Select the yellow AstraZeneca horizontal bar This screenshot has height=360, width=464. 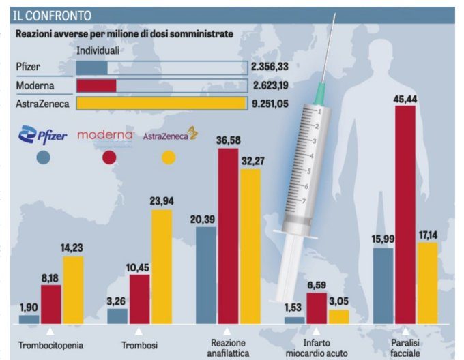tap(161, 104)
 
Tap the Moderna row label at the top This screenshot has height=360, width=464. tap(35, 86)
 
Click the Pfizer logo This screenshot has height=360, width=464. tap(44, 136)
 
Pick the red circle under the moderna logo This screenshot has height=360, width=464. tap(108, 157)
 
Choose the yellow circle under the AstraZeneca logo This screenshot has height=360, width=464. tap(168, 157)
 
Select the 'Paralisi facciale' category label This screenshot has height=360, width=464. tap(405, 348)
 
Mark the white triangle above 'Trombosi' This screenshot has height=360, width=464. tap(139, 332)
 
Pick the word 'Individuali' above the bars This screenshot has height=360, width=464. tap(98, 50)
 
